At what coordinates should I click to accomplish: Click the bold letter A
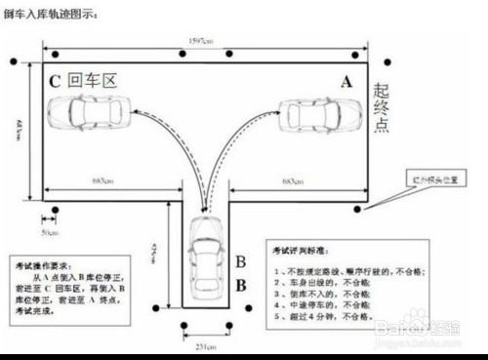click(x=344, y=84)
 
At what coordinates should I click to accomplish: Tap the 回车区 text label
click(x=95, y=81)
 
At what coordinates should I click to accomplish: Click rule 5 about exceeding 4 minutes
click(x=326, y=317)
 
